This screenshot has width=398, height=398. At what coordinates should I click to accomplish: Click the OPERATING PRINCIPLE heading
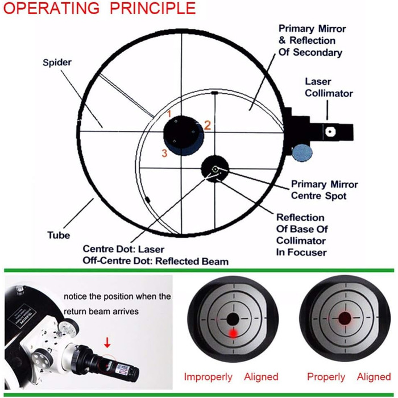pyautogui.click(x=100, y=9)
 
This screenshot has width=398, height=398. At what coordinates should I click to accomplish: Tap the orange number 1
pyautogui.click(x=168, y=114)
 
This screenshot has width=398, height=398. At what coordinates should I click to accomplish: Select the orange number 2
pyautogui.click(x=208, y=126)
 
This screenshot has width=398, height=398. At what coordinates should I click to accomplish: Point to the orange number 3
pyautogui.click(x=164, y=152)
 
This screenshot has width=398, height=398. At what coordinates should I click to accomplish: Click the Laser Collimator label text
pyautogui.click(x=329, y=88)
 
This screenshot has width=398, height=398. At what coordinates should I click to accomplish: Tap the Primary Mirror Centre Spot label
pyautogui.click(x=324, y=190)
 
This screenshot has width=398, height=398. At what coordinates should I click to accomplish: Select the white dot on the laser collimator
pyautogui.click(x=329, y=130)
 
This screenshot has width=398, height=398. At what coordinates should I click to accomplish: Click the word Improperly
pyautogui.click(x=208, y=377)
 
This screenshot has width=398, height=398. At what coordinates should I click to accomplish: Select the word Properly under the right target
pyautogui.click(x=326, y=377)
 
